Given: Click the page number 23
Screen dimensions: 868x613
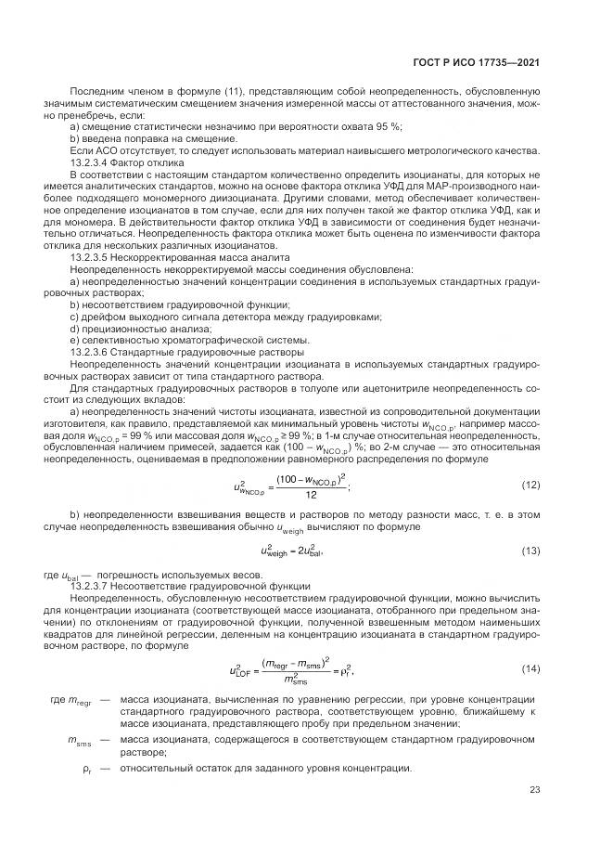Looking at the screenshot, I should (534, 790).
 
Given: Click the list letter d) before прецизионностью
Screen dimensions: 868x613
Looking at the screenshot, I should (74, 327).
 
